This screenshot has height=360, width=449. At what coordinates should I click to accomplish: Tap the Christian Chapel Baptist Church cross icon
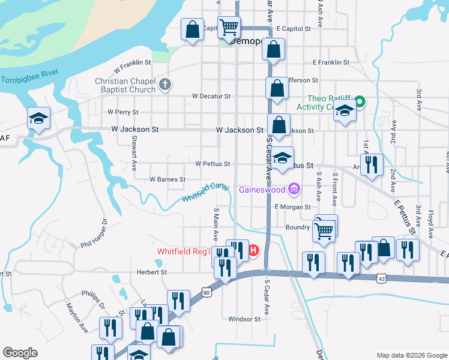pos(166,85)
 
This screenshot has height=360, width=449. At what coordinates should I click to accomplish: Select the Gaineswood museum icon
pos(294,190)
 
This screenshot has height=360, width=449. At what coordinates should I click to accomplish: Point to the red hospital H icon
pos(254,250)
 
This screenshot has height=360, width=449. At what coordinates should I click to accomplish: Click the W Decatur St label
pos(211,96)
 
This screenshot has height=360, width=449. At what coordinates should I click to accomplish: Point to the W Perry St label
pos(122,112)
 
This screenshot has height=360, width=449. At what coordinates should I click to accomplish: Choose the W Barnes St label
pos(167,179)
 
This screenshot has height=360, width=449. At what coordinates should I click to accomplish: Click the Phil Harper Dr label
pos(94,235)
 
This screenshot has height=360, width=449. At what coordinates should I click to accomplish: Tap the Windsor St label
pos(244,319)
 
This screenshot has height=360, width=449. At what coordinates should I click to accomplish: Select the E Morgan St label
pos(292,207)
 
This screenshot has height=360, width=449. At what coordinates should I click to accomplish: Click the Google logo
pos(20,353)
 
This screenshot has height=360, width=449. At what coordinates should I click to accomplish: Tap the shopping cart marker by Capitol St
pos(229,27)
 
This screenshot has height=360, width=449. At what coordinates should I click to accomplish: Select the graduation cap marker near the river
pos(38,118)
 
